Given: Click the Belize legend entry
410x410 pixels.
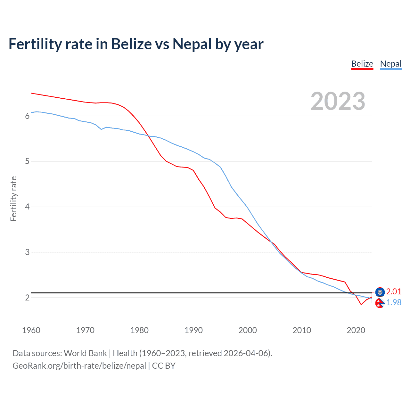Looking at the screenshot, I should [x=362, y=64].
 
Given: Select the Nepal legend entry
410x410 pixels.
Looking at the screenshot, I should [x=390, y=64].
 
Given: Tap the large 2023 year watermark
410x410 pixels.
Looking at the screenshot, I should [x=338, y=101].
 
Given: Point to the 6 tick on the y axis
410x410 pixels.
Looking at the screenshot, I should [x=27, y=116].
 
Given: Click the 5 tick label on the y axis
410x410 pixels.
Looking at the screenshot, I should [x=27, y=161].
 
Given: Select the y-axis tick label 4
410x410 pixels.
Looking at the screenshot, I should [x=27, y=207].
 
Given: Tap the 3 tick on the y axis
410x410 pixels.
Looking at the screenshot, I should [x=27, y=252].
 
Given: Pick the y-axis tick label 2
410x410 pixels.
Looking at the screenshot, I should [x=27, y=298].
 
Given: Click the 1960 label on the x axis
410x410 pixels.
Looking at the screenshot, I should [x=31, y=330].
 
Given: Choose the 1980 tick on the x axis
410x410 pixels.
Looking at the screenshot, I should [x=139, y=330].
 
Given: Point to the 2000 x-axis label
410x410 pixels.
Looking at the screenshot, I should [x=248, y=330].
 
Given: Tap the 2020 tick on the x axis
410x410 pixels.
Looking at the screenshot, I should [x=356, y=330].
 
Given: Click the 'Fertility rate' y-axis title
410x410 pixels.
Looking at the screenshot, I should [x=13, y=199].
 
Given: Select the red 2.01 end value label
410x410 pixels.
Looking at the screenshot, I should [x=394, y=291].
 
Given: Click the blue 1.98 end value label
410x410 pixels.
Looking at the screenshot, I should [x=394, y=302].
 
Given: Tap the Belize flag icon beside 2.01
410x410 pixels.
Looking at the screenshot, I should [x=380, y=292].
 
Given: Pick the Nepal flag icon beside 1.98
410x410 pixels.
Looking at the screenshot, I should [x=380, y=303].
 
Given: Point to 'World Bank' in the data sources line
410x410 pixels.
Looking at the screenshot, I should [x=85, y=353].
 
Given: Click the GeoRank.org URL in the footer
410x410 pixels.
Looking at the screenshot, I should [x=79, y=366].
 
